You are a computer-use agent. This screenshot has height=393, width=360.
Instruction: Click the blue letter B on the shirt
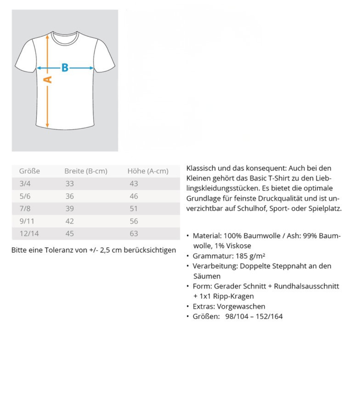pos(65,68)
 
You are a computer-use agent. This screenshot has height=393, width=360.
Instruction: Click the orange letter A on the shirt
pos(48,80)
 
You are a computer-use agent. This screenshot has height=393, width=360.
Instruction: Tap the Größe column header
pos(29,171)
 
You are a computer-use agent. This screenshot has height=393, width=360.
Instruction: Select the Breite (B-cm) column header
pos(86,171)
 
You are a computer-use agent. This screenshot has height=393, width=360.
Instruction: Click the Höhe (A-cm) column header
pos(148,171)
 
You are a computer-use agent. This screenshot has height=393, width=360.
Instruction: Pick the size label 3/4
pos(25,184)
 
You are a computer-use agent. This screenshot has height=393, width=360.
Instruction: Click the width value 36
pos(69,196)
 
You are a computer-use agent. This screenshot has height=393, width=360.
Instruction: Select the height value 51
pos(134,209)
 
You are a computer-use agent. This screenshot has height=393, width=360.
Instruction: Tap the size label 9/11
pos(27,221)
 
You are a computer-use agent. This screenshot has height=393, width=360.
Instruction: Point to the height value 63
pos(134,234)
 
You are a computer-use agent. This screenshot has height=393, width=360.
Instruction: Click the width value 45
pos(69,234)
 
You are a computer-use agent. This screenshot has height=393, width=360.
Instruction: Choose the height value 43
pos(134,184)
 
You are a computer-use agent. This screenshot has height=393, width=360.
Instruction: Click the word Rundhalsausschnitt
pos(306,286)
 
